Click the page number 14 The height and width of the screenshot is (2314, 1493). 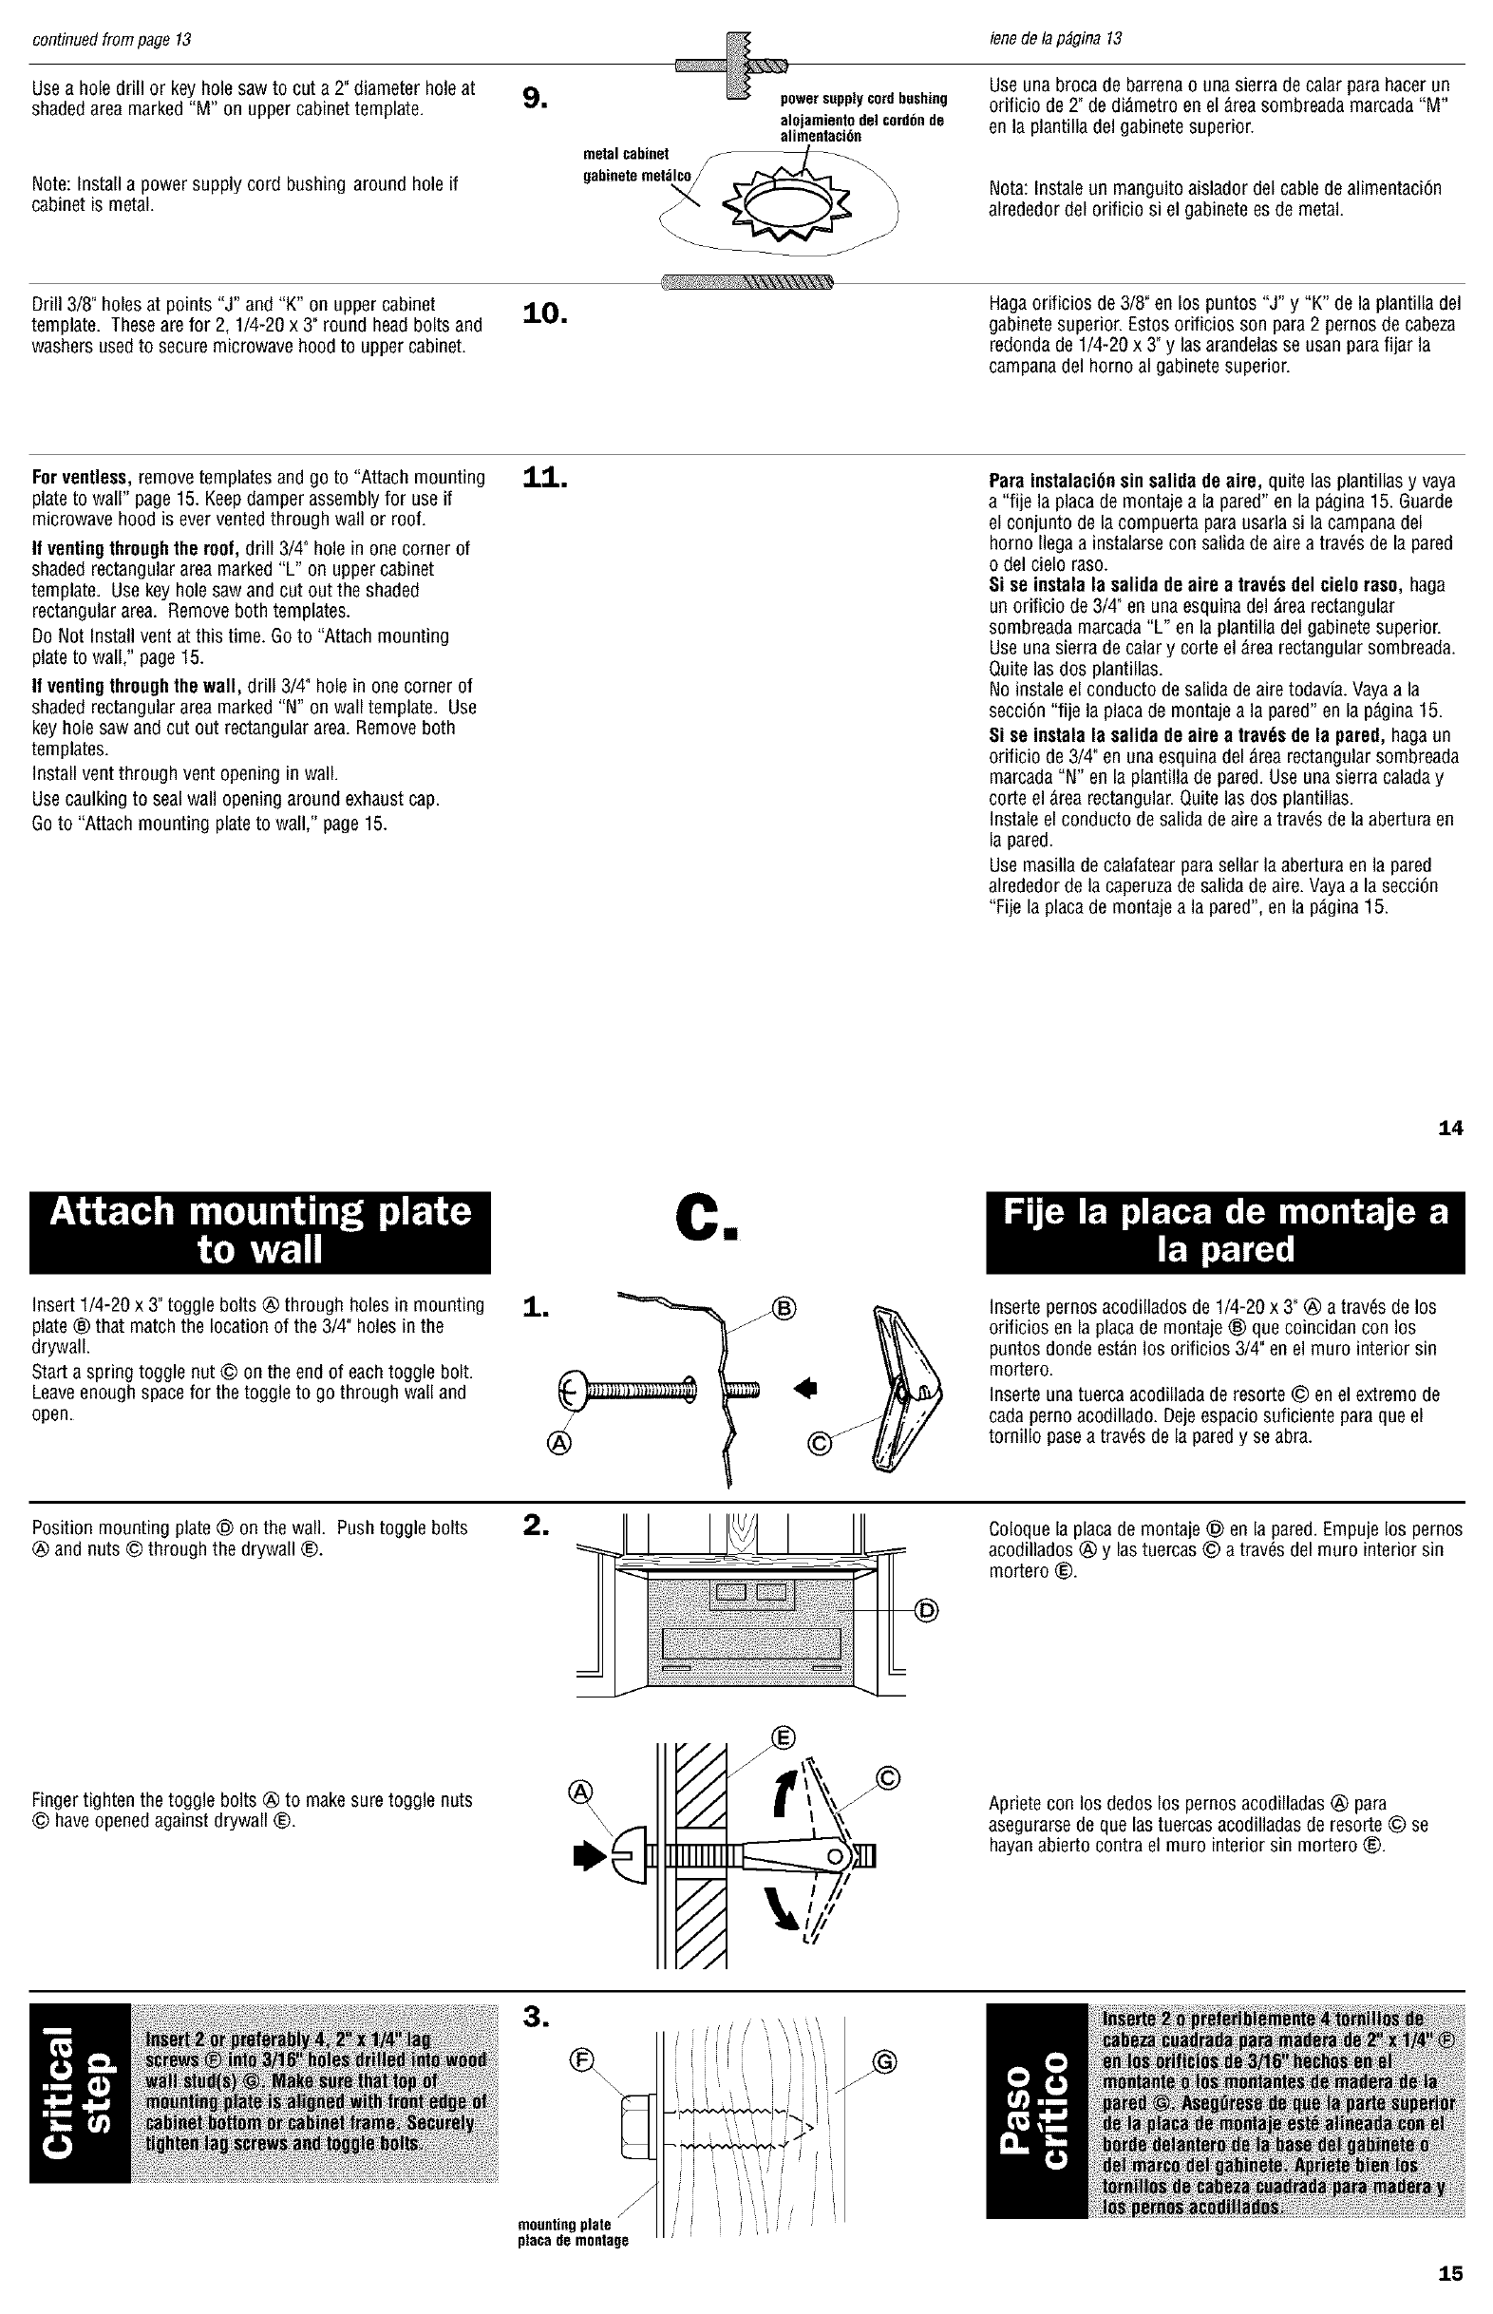point(1450,1128)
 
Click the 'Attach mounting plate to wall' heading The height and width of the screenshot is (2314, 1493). point(260,1230)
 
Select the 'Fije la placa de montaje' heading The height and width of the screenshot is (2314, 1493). point(1225,1230)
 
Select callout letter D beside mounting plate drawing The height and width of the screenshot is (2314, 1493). point(928,1612)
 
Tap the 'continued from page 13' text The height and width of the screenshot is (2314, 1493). point(111,40)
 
